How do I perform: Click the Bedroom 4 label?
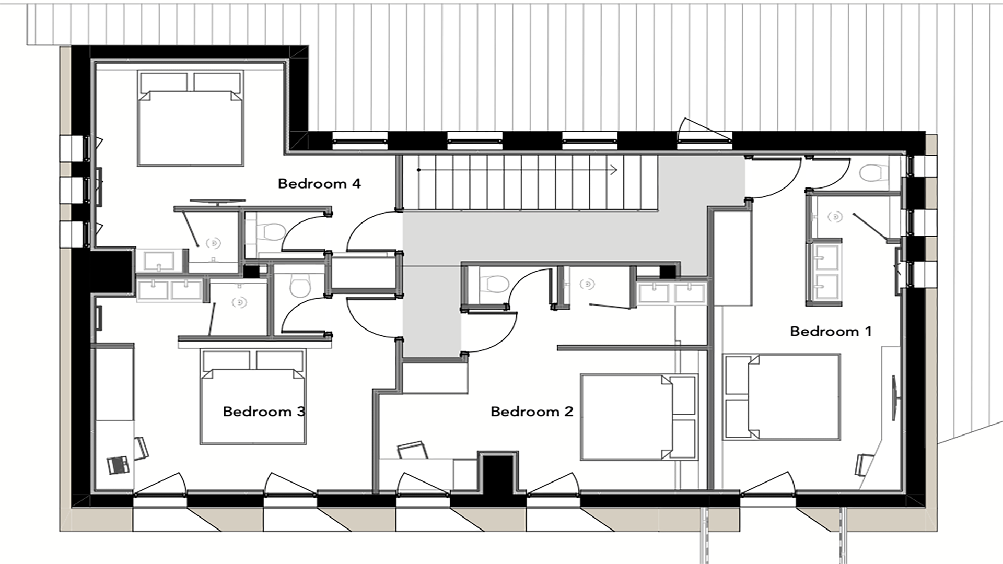[x=319, y=184]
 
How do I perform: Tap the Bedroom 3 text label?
[x=264, y=412]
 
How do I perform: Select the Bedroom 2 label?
[x=532, y=412]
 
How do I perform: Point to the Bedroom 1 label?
[x=831, y=331]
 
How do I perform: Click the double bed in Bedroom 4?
[x=191, y=119]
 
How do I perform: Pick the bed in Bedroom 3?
[x=253, y=397]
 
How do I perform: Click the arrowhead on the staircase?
[x=614, y=170]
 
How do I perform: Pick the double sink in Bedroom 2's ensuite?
[x=671, y=293]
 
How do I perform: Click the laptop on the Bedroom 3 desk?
[x=118, y=465]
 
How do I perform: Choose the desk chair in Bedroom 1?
[x=864, y=464]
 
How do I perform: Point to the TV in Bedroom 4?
[x=217, y=201]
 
